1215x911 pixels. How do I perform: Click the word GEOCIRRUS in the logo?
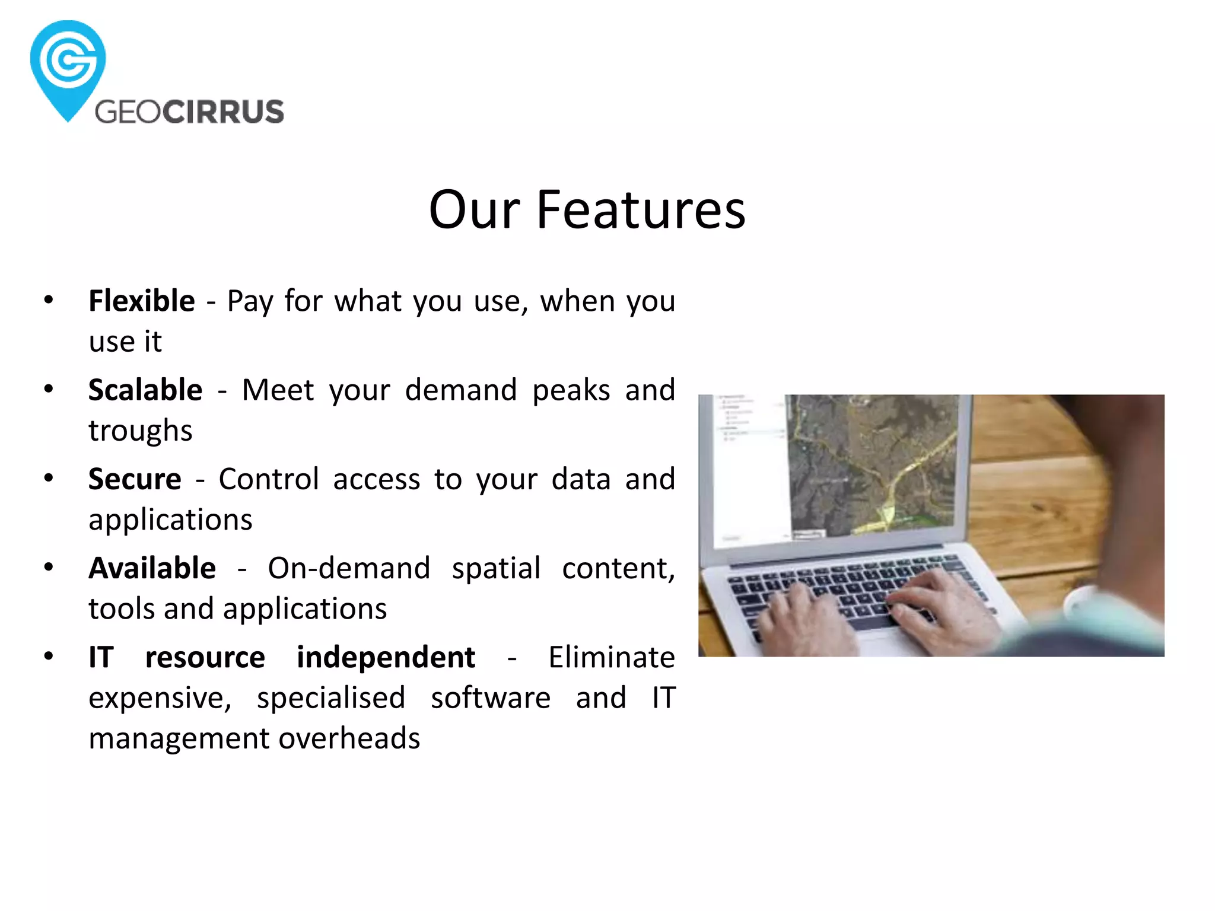(189, 112)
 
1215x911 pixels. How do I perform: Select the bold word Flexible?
(142, 301)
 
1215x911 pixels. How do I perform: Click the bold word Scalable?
(145, 390)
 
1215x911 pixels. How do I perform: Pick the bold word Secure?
(135, 479)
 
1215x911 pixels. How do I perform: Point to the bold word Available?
(152, 568)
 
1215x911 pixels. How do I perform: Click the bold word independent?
(386, 657)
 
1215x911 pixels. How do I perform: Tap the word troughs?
(141, 431)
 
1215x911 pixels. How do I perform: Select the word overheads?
(349, 738)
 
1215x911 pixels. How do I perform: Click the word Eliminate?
(611, 657)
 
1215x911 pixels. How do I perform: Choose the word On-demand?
(349, 568)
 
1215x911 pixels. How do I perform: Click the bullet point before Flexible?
(49, 300)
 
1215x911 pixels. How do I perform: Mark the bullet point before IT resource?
(49, 656)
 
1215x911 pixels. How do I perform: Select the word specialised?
(331, 698)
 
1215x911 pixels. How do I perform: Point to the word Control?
(269, 479)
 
